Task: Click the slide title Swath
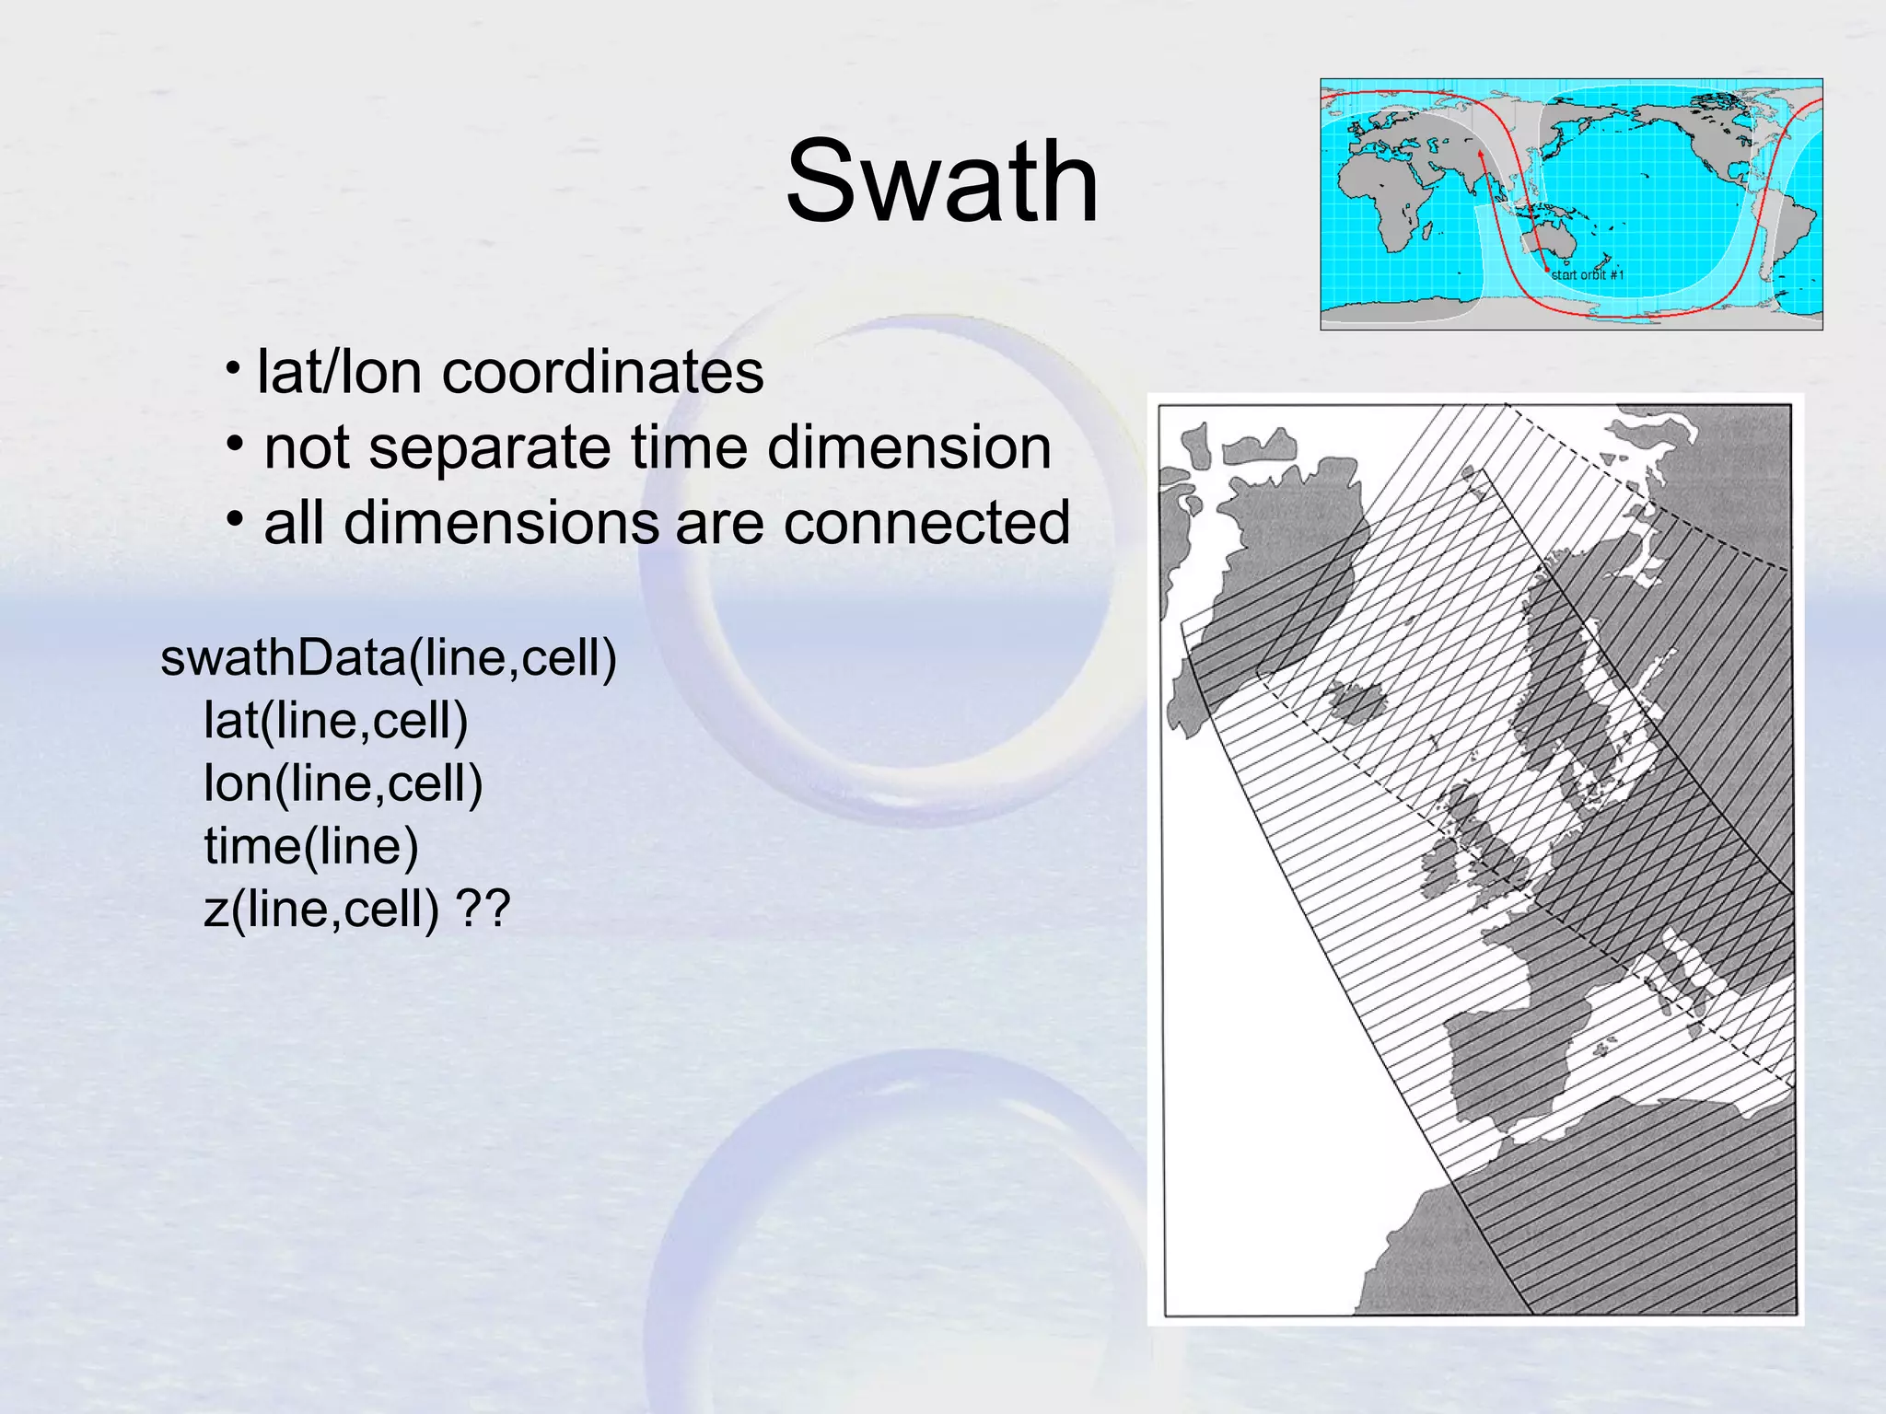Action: [x=941, y=181]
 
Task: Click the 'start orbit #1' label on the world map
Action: [x=1587, y=274]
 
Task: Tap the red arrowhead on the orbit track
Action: [x=1480, y=156]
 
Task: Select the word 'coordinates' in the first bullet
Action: [x=602, y=373]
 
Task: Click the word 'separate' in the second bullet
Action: [x=488, y=448]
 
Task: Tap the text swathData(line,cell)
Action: [x=388, y=658]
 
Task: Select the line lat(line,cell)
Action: [x=335, y=720]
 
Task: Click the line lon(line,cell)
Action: [x=343, y=783]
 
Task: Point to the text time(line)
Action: [x=310, y=846]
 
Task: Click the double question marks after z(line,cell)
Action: [x=483, y=910]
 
